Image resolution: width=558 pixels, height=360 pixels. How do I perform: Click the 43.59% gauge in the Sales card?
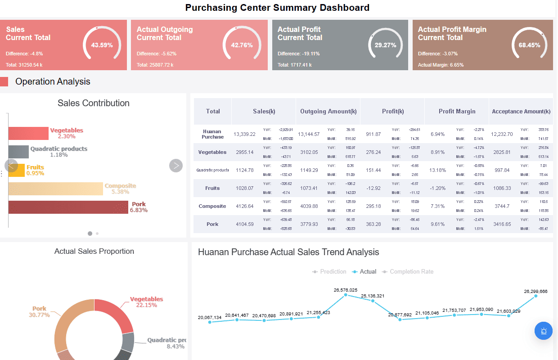tap(102, 45)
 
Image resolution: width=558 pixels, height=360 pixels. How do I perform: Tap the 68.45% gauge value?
tap(529, 45)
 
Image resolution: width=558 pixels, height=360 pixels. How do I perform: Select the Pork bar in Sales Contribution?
tap(68, 207)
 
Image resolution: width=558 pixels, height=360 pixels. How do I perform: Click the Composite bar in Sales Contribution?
tap(55, 189)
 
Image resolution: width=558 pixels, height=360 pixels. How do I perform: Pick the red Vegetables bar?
tap(28, 133)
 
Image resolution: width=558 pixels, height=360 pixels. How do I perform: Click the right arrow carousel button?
tap(176, 166)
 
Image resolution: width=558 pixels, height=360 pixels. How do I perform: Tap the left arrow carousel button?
tap(11, 166)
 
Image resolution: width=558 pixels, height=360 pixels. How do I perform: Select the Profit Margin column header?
tap(457, 111)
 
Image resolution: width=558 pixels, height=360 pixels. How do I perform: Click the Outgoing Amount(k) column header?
tap(328, 111)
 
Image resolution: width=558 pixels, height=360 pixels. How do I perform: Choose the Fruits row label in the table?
tap(212, 188)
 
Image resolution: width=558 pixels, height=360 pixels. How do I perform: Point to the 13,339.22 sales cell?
tap(244, 134)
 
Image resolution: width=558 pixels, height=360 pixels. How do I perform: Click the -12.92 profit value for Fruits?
tap(373, 188)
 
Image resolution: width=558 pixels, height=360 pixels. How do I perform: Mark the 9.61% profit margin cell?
tap(437, 224)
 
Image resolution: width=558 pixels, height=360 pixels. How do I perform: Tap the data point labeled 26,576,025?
tap(346, 295)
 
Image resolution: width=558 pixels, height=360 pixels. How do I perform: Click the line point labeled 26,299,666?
tap(535, 296)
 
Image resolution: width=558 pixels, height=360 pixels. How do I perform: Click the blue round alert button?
tap(544, 331)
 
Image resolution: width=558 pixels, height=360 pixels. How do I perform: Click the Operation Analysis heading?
tap(53, 81)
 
